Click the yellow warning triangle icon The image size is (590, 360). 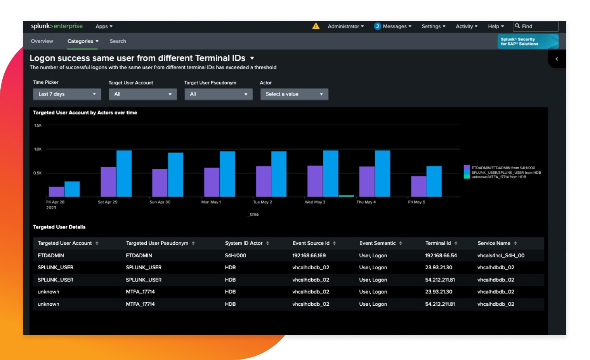[316, 26]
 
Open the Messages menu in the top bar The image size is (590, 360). [393, 26]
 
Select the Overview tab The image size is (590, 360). [42, 41]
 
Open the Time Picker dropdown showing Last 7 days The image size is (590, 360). [67, 94]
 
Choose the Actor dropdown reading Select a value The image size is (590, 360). [294, 94]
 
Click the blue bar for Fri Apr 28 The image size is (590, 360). [72, 189]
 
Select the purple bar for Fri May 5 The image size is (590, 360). [418, 186]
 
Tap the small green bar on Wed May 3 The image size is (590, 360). [346, 196]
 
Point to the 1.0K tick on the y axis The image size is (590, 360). [38, 149]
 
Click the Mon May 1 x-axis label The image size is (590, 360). [211, 202]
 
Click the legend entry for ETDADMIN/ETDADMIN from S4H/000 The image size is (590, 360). [503, 168]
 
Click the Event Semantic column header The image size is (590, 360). [377, 243]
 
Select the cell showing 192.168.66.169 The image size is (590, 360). [309, 256]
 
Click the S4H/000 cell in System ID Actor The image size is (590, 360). [235, 256]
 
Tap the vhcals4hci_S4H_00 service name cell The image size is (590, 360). [501, 256]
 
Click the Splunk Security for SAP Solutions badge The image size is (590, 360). [528, 42]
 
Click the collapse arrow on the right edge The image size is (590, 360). [557, 59]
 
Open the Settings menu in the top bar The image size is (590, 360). [433, 26]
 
